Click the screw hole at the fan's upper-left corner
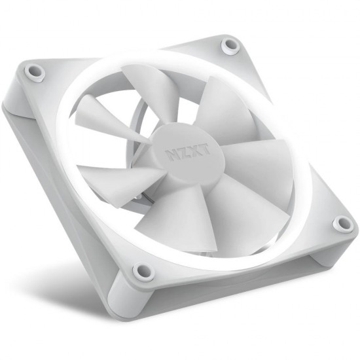point(35,71)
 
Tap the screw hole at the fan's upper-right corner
point(230,45)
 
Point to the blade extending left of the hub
point(118,177)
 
